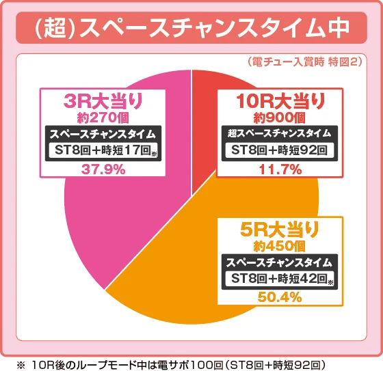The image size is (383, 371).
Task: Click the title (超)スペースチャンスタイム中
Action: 191,29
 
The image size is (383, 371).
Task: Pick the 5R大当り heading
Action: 278,229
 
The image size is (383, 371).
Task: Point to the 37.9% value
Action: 103,169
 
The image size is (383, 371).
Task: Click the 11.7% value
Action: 280,169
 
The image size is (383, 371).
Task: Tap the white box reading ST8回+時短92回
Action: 280,150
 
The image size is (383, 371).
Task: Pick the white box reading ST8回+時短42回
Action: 278,279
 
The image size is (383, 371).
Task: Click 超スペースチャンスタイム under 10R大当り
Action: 280,133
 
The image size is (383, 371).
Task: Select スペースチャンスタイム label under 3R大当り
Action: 103,134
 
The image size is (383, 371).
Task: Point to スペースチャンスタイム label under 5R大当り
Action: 278,262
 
